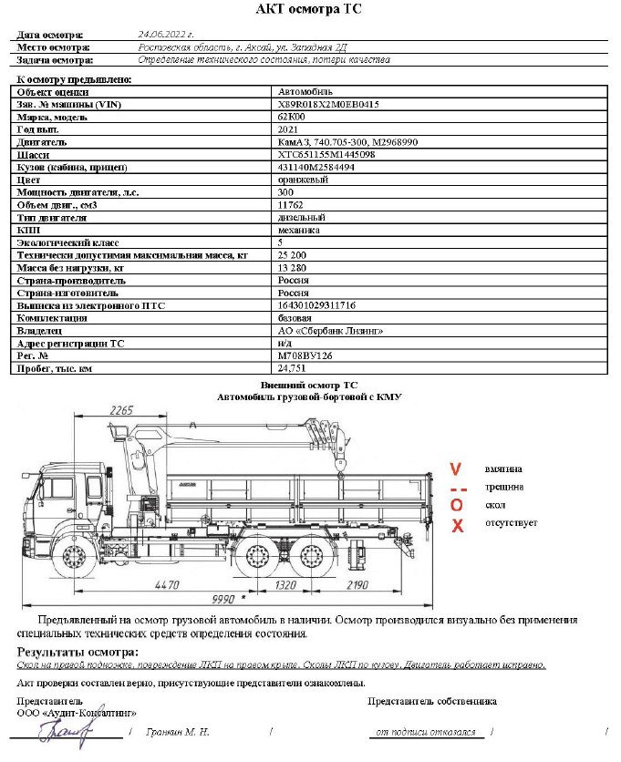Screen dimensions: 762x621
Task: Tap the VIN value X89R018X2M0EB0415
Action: click(x=328, y=105)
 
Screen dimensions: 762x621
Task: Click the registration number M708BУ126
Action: click(x=305, y=356)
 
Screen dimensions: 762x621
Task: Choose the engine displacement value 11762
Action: click(x=290, y=205)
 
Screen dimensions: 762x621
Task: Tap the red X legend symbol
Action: click(x=457, y=525)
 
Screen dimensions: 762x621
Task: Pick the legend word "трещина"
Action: click(x=503, y=487)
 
